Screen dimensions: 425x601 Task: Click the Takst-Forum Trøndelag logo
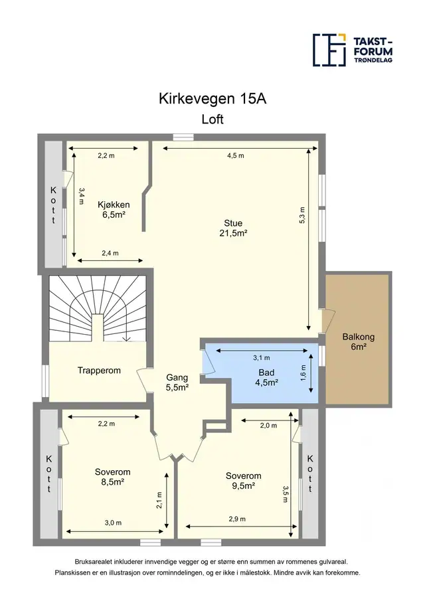coord(353,50)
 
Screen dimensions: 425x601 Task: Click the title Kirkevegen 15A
coord(212,99)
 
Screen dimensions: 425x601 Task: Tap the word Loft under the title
coord(212,119)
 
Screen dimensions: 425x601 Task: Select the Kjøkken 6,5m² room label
coord(114,210)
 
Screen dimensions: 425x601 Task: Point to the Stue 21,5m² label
coord(233,228)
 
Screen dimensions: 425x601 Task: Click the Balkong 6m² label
coord(359,342)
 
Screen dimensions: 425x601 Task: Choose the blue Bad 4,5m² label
coord(266,377)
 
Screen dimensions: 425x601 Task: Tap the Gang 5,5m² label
coord(177,383)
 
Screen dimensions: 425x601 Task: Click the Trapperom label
coord(99,371)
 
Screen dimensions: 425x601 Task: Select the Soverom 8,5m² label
coord(113,477)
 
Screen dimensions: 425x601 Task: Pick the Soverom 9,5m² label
coord(243,481)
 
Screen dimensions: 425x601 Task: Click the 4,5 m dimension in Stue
coord(235,155)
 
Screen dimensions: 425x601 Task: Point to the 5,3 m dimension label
coord(302,215)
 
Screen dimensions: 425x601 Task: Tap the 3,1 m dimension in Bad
coord(262,357)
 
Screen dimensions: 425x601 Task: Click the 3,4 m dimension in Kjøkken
coord(81,195)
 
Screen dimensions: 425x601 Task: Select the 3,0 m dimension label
coord(113,523)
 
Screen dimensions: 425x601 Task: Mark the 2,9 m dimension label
coord(237,519)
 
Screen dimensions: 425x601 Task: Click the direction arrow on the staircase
coord(126,339)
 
